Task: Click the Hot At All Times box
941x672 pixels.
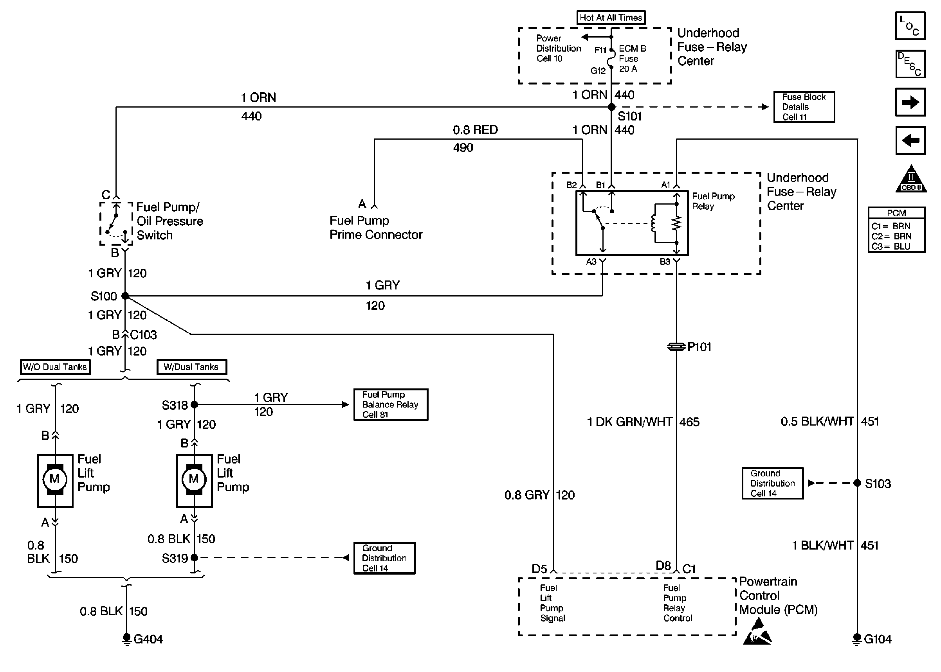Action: click(611, 17)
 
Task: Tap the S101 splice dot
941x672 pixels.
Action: click(611, 107)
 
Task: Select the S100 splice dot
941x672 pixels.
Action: click(125, 296)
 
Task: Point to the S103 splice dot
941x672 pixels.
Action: click(857, 483)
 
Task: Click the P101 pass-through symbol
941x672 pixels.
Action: click(676, 347)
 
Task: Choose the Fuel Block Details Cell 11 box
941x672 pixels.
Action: click(804, 107)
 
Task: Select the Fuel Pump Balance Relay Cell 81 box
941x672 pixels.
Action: click(390, 405)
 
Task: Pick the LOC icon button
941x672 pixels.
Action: click(910, 26)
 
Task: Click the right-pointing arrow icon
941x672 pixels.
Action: click(910, 102)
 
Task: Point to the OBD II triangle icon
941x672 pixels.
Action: click(911, 180)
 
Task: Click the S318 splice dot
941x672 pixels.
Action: click(194, 405)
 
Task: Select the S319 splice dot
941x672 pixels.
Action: click(194, 558)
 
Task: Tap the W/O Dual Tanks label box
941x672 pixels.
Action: click(55, 367)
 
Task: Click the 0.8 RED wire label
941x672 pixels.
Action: click(475, 130)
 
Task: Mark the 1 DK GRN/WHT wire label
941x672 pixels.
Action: click(629, 422)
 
